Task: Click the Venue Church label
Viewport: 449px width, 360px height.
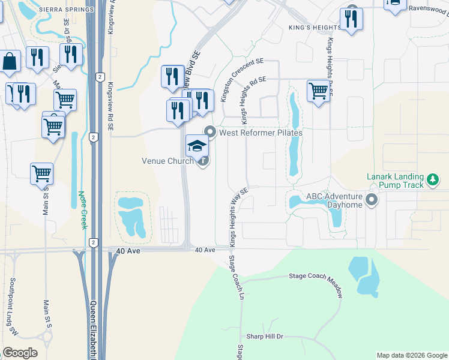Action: [167, 161]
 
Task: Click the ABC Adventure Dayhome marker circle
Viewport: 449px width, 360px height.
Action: [372, 200]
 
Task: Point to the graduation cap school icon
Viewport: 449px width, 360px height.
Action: [197, 145]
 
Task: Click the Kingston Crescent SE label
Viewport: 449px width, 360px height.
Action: [243, 79]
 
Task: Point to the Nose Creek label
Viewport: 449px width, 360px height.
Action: [82, 210]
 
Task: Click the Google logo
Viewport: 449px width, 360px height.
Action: [20, 353]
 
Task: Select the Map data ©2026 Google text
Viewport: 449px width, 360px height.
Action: [412, 355]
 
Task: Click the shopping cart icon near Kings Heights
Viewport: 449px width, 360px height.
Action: [318, 91]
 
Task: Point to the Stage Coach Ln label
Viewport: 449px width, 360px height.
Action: [237, 278]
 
